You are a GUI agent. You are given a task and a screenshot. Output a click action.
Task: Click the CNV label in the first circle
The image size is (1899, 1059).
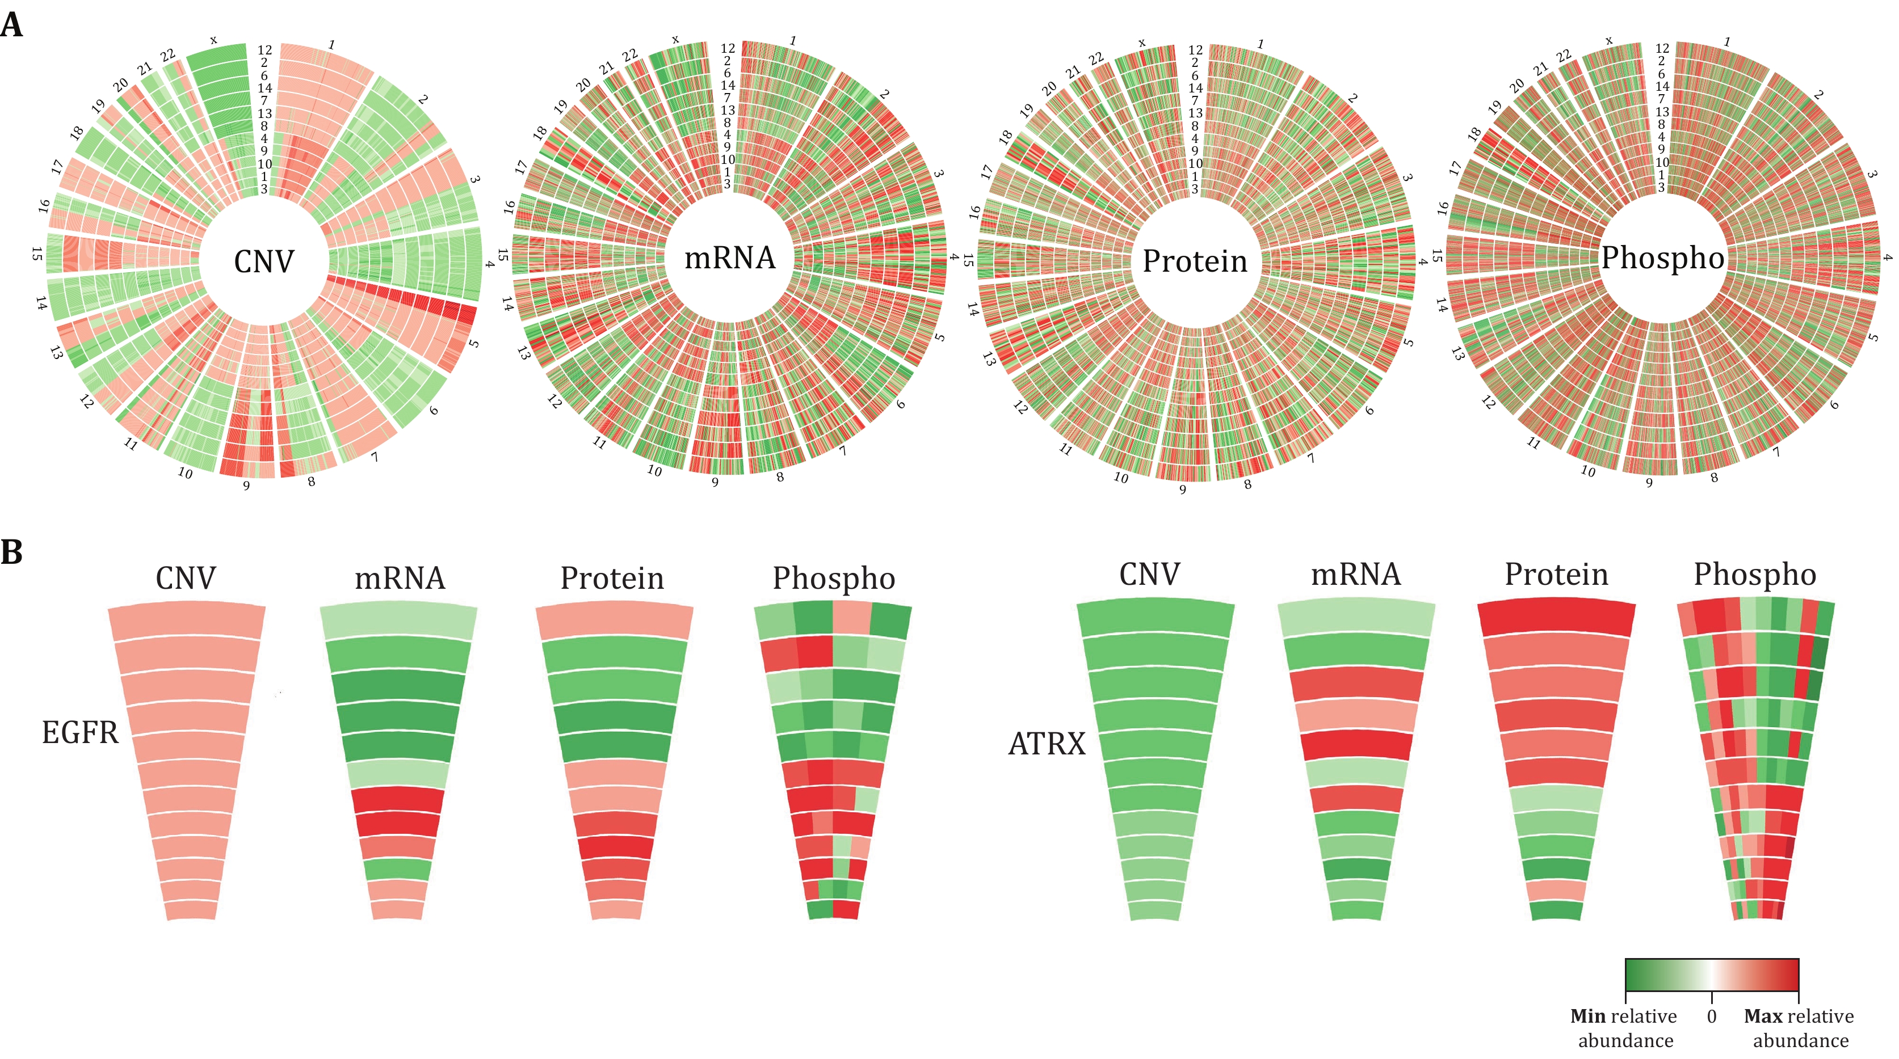264,261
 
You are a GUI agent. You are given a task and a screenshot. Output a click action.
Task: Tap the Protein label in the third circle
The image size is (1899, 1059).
1195,261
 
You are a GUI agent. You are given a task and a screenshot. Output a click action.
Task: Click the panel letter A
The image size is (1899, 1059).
12,25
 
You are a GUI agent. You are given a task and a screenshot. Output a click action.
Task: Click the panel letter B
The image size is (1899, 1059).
12,552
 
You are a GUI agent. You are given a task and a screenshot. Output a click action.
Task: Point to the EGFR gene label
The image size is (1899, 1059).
79,732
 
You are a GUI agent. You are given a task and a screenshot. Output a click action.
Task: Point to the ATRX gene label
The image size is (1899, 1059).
1047,744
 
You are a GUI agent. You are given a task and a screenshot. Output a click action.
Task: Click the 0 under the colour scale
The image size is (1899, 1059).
1712,1016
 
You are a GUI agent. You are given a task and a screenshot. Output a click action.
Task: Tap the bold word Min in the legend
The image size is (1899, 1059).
1588,1016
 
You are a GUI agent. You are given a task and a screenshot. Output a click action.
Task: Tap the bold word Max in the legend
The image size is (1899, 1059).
1763,1016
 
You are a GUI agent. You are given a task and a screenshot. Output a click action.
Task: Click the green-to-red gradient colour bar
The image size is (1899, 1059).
1712,974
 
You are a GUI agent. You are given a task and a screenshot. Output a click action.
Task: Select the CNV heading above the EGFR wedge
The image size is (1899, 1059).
186,579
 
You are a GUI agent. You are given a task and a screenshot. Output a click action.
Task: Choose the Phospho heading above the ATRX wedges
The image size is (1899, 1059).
1754,575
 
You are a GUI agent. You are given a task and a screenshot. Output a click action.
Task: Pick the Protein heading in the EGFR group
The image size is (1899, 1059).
612,579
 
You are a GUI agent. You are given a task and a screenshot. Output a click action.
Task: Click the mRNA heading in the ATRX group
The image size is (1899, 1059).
1356,575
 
